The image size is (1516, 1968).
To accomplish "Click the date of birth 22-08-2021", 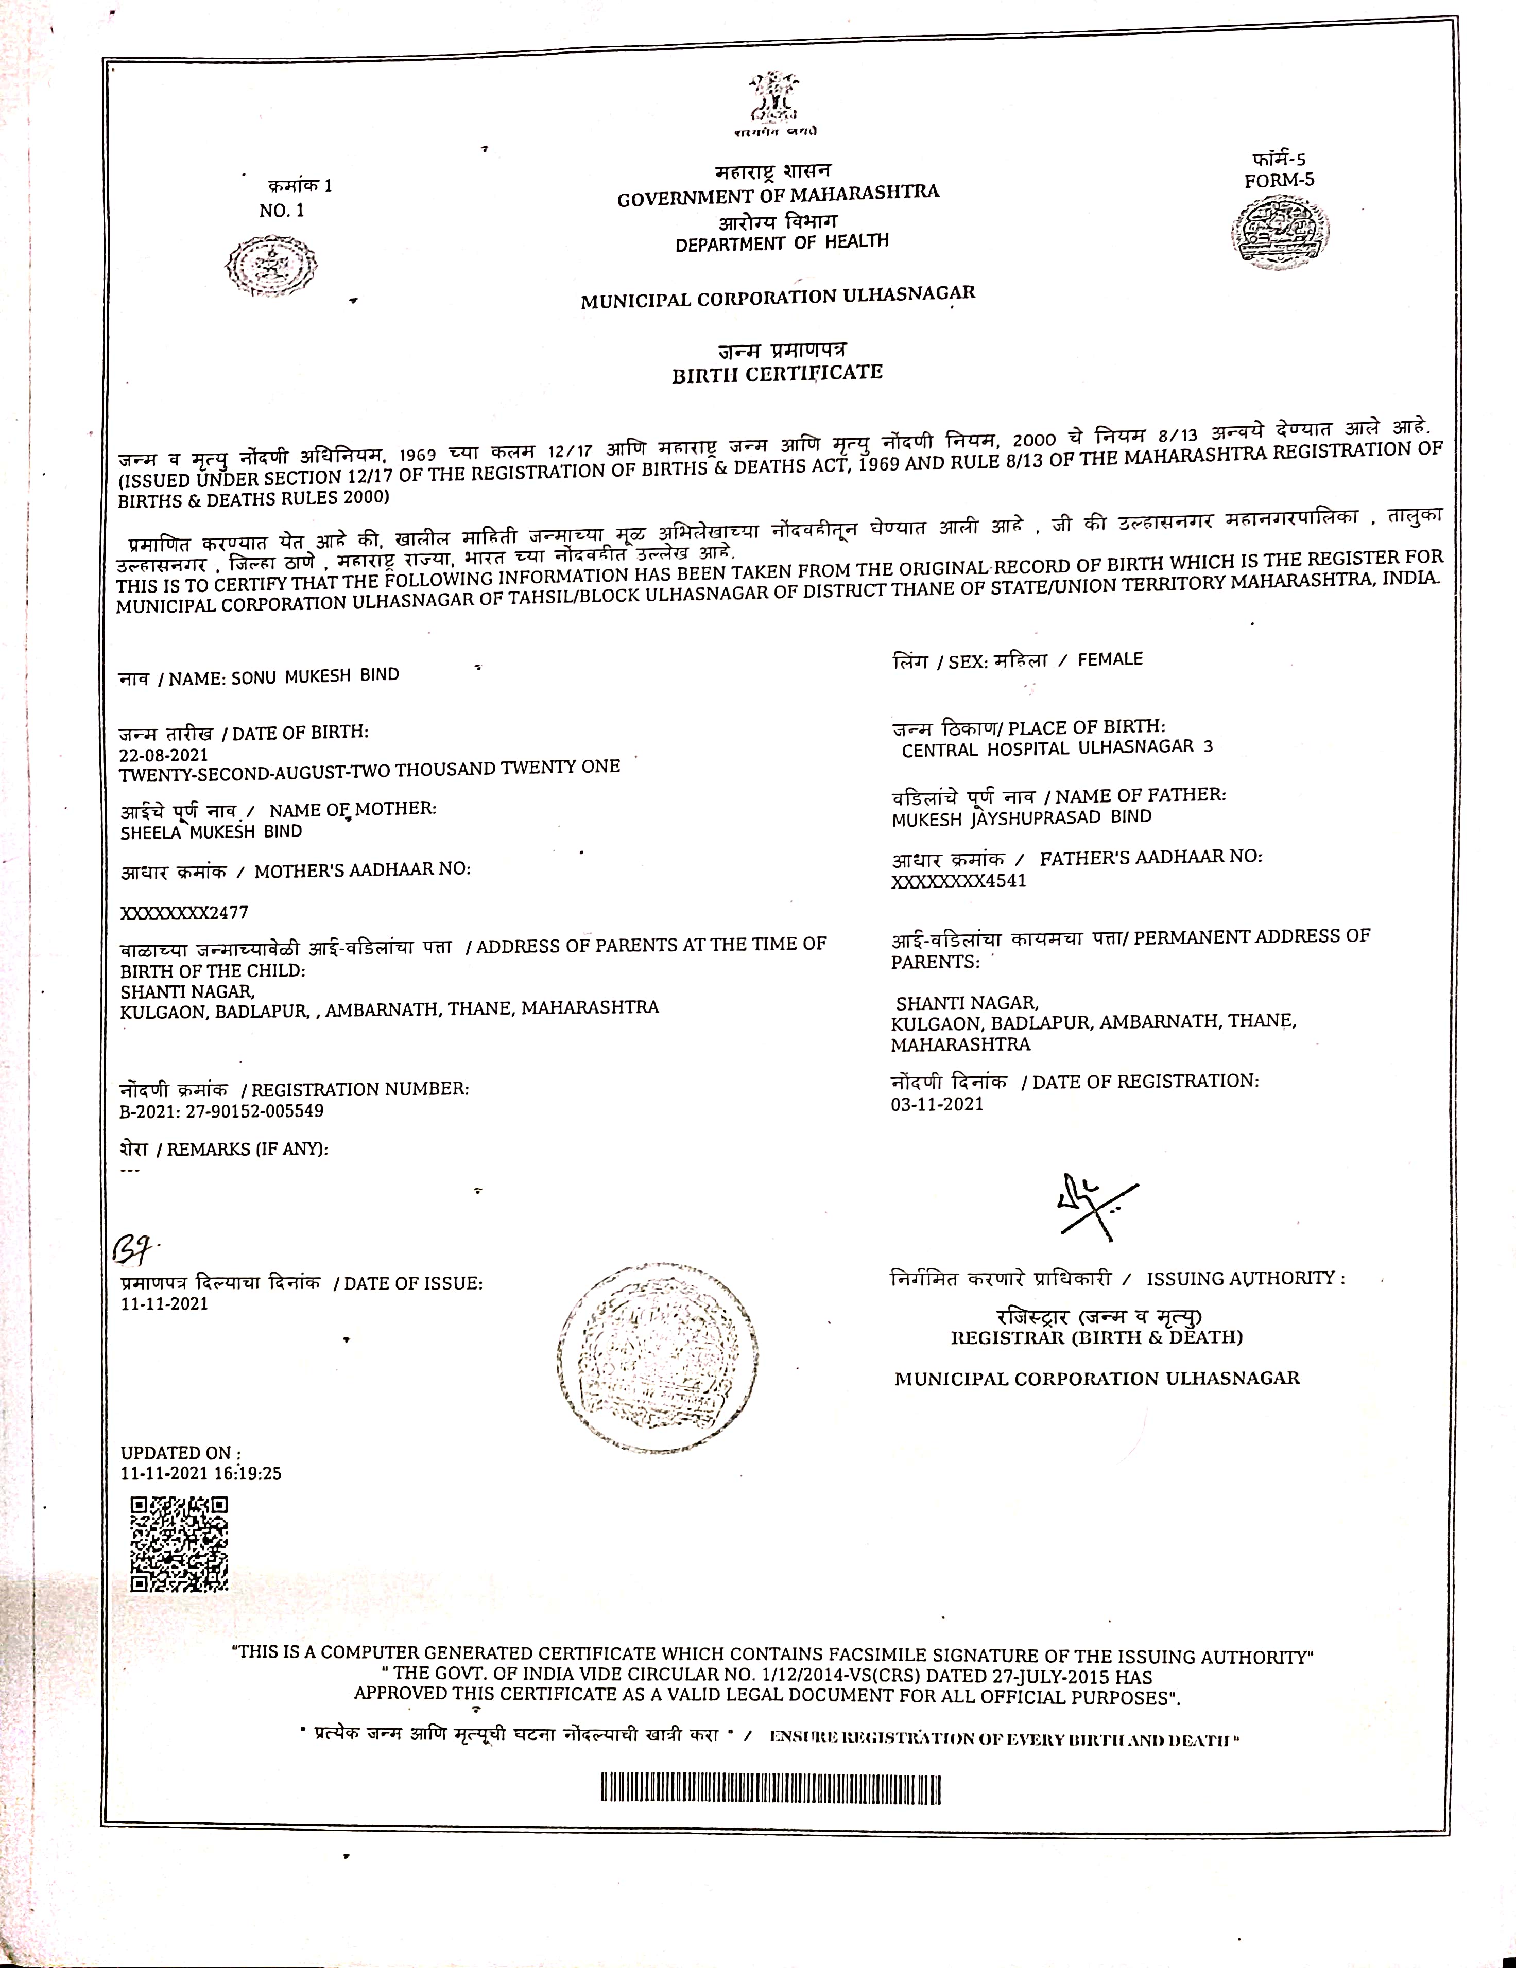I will pos(163,754).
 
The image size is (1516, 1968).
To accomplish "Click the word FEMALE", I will pos(1110,659).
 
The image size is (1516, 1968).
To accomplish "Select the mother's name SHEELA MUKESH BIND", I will pos(211,832).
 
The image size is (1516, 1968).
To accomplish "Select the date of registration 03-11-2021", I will pos(937,1104).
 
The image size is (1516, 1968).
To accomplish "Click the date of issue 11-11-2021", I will pos(164,1304).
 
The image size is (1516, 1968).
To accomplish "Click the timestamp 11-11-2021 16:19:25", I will pos(201,1473).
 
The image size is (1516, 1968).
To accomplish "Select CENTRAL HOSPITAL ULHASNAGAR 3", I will pos(1056,748).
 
